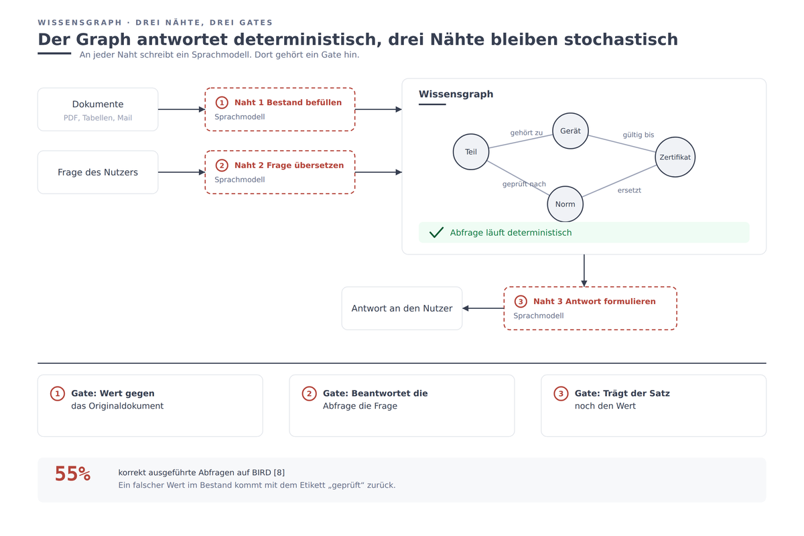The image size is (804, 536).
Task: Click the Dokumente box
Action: (98, 109)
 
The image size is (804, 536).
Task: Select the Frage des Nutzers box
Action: (98, 172)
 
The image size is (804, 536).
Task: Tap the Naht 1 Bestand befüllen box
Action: (280, 109)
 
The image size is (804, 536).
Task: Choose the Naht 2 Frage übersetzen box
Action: (280, 172)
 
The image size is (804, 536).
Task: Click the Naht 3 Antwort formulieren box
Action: (590, 308)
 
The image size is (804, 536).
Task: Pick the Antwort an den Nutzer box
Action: (402, 308)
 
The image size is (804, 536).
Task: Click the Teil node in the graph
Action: (471, 152)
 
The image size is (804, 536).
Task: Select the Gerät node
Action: (570, 131)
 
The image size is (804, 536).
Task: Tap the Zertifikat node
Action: (675, 157)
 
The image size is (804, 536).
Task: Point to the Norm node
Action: (565, 204)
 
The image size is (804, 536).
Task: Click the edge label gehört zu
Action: (527, 133)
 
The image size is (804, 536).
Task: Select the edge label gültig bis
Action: (638, 135)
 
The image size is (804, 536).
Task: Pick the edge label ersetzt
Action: (629, 190)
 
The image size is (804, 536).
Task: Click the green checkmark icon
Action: (436, 232)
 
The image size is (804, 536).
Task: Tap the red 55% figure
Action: (73, 474)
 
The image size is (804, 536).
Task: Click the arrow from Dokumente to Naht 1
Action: (182, 109)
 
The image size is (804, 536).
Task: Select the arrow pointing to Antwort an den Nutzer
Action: (483, 308)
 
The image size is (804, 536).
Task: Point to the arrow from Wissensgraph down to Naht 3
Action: (584, 271)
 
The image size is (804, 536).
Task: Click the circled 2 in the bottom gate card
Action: (309, 393)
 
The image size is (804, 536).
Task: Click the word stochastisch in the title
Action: (621, 40)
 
